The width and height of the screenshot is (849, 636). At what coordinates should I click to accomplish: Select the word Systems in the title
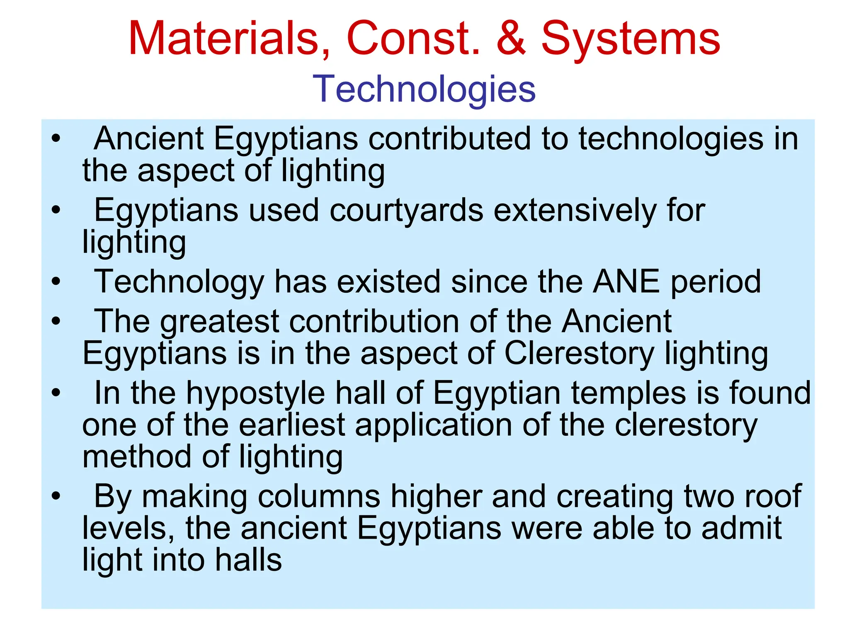point(631,39)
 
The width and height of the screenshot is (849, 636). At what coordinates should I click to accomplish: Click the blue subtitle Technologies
point(424,89)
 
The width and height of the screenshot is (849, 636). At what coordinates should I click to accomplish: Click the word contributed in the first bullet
point(449,138)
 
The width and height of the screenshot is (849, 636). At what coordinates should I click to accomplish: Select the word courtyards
point(406,211)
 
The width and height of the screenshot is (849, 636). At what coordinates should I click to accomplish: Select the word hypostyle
point(255,394)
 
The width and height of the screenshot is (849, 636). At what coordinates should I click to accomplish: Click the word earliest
point(292,425)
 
